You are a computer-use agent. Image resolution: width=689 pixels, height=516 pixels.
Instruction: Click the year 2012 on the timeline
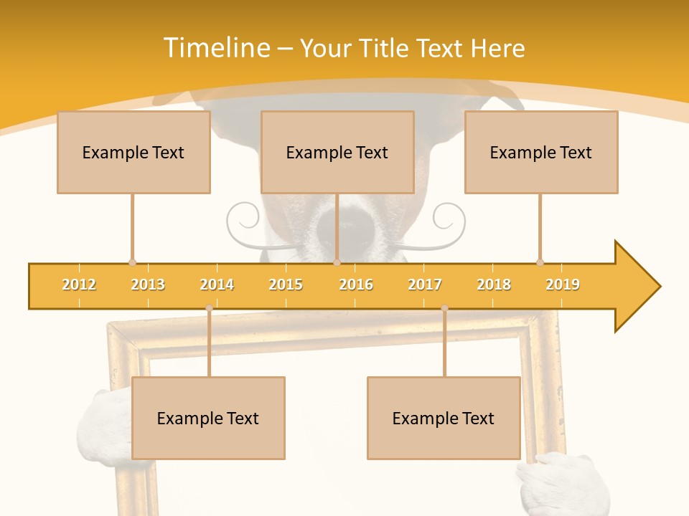click(x=79, y=285)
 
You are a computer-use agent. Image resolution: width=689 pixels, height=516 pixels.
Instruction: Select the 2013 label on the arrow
click(x=148, y=285)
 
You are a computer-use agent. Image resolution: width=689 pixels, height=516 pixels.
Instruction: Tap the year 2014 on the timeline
click(x=217, y=285)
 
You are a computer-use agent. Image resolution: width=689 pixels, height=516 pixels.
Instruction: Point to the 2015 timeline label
click(x=286, y=285)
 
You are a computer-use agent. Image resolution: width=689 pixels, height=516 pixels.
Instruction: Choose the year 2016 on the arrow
click(x=356, y=285)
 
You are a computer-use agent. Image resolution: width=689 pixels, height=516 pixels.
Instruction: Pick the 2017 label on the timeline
click(x=425, y=285)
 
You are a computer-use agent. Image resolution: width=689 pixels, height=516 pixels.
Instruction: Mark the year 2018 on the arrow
click(x=494, y=285)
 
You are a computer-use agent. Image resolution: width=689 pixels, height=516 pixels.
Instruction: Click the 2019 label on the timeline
click(x=563, y=285)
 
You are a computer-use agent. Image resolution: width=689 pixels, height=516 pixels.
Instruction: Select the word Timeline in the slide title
click(x=216, y=48)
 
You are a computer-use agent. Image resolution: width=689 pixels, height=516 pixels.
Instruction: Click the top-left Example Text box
click(x=133, y=152)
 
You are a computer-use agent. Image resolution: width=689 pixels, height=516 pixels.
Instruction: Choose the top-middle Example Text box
click(x=337, y=152)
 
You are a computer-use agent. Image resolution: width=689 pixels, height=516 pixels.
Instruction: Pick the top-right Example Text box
click(x=541, y=152)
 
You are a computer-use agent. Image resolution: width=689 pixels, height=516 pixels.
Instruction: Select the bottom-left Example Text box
click(x=208, y=418)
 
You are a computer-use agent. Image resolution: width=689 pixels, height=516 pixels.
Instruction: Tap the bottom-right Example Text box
click(x=444, y=418)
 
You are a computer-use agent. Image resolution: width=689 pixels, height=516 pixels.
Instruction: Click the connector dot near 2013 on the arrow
click(x=132, y=263)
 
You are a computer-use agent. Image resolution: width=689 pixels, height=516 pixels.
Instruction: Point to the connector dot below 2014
click(x=209, y=307)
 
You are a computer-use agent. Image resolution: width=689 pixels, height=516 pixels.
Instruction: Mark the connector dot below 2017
click(x=444, y=307)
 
